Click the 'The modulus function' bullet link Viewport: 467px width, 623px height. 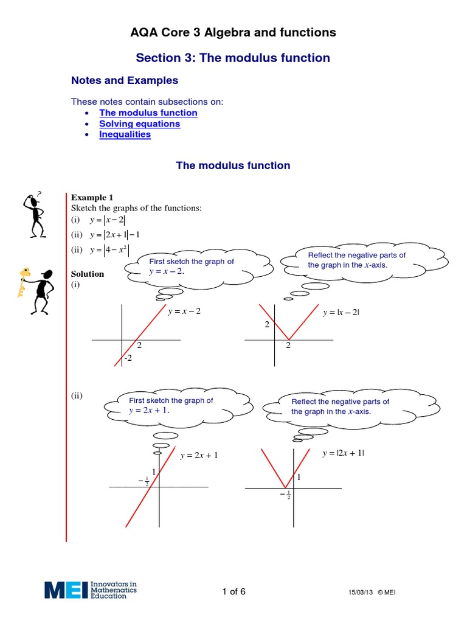point(148,113)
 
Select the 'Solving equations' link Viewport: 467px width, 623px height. point(139,124)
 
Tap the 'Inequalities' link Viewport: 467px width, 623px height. point(125,134)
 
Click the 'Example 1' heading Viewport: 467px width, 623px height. point(92,197)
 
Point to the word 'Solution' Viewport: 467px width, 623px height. point(88,274)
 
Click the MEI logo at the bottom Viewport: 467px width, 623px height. point(91,590)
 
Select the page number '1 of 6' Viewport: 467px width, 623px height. point(233,592)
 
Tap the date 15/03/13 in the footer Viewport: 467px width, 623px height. point(359,593)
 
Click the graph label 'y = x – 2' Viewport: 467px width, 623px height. point(184,311)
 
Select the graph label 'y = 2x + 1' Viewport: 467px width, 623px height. point(199,454)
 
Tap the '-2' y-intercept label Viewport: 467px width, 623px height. point(128,359)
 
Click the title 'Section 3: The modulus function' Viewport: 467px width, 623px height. point(233,58)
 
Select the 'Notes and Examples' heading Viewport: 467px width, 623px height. point(125,80)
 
